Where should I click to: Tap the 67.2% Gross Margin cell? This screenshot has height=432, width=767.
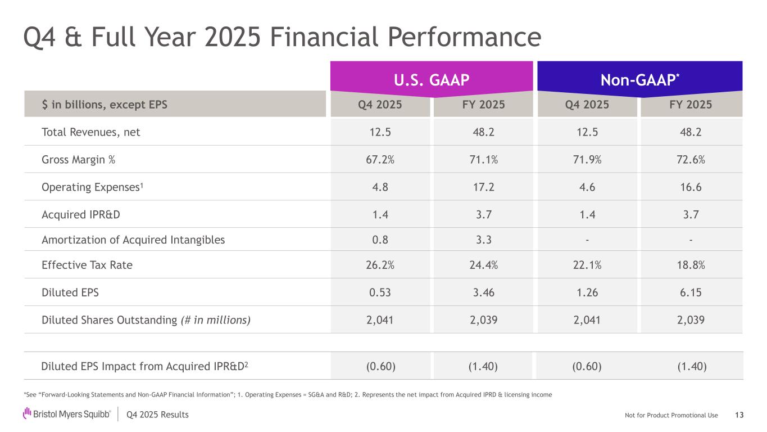380,159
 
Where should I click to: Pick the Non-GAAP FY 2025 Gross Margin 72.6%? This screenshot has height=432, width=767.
691,159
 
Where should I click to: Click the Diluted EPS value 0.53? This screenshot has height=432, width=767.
380,292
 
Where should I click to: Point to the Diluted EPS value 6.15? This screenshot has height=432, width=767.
691,292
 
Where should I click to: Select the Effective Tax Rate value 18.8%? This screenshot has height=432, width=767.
691,265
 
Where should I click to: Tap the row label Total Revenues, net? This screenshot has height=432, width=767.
91,132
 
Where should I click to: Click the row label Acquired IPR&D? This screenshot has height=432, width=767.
81,214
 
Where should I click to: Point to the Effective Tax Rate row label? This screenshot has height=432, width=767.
87,265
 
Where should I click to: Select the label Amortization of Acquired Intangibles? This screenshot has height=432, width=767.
133,240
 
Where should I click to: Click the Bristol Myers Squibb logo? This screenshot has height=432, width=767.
67,415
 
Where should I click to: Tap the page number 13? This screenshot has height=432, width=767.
739,415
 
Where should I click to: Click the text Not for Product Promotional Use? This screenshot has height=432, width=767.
671,415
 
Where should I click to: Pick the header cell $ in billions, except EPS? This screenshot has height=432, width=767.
105,104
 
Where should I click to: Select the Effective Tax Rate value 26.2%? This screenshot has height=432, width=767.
380,265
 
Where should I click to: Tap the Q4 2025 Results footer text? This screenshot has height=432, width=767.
158,415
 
